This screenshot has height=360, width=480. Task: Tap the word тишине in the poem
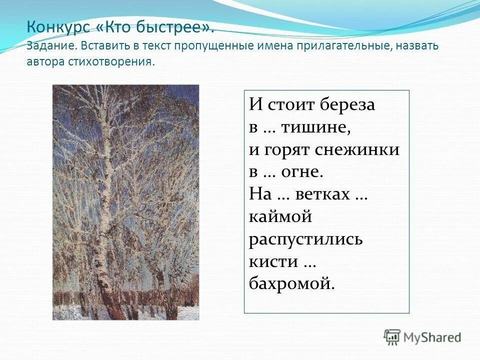coord(315,127)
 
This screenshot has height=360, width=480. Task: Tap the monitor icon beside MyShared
coord(392,337)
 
